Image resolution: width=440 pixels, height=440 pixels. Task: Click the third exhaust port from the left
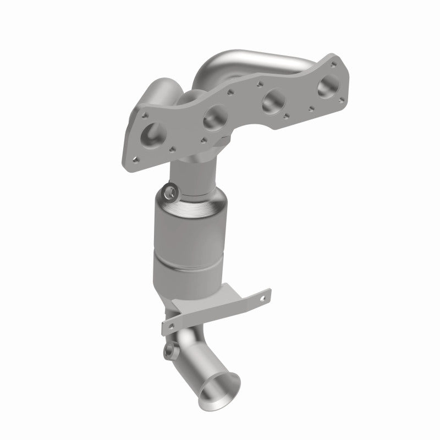(x=273, y=101)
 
